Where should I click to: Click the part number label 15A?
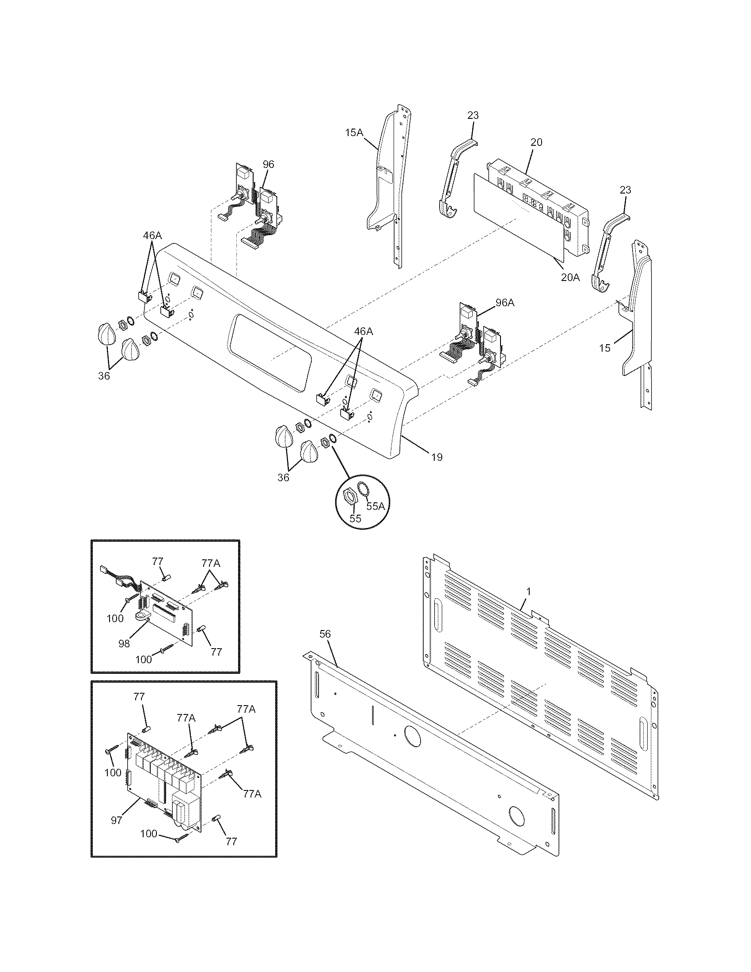click(354, 132)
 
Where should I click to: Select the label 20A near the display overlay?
click(570, 277)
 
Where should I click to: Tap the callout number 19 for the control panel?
click(437, 457)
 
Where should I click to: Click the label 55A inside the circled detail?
click(375, 506)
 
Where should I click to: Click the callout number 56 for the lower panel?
click(325, 634)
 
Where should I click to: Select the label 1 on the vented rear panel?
click(528, 592)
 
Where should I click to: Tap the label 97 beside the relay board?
click(117, 820)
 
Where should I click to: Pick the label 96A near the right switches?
click(505, 303)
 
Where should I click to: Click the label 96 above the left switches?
click(268, 164)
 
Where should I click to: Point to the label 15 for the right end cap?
click(604, 348)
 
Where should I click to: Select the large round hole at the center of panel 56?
click(413, 735)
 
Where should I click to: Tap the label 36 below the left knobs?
click(104, 376)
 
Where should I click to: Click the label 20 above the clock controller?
click(536, 142)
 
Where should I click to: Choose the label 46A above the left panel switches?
click(152, 235)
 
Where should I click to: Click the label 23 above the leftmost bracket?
click(473, 115)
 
